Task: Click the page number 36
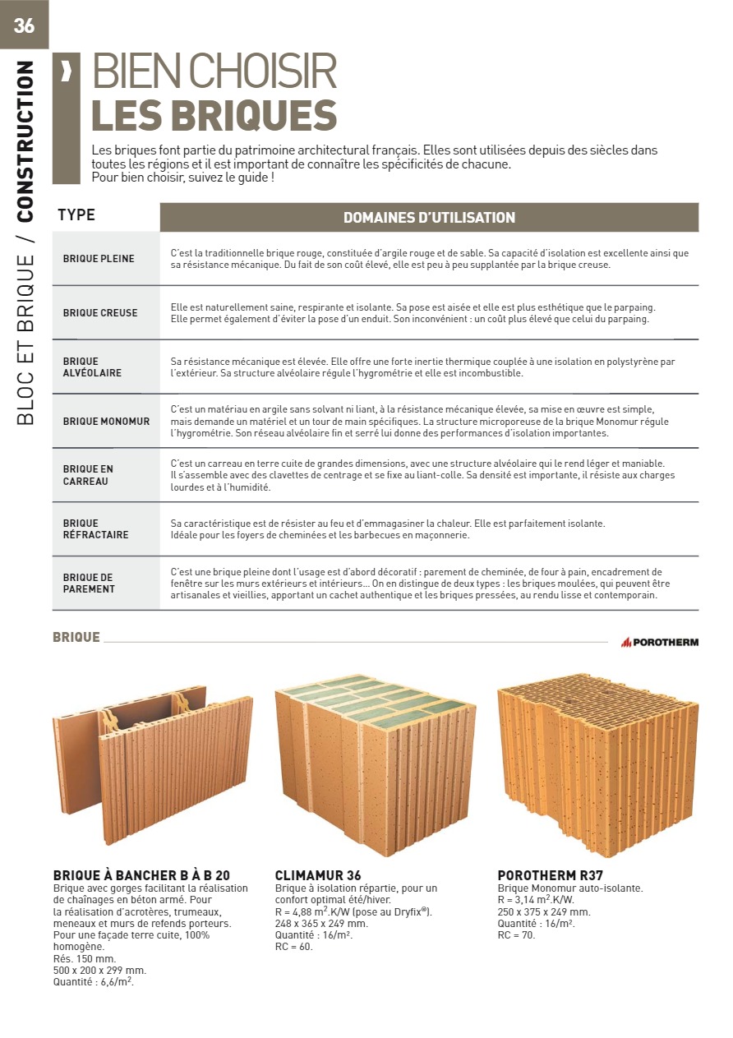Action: (x=24, y=25)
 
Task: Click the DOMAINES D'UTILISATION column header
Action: (x=429, y=218)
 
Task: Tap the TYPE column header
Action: (x=76, y=215)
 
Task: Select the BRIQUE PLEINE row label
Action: (x=99, y=259)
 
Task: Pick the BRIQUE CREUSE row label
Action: (x=100, y=313)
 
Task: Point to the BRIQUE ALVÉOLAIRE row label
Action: (x=92, y=367)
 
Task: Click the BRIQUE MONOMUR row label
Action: (x=106, y=422)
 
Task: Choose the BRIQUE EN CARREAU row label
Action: (x=88, y=475)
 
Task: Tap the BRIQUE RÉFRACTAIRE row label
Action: (x=95, y=529)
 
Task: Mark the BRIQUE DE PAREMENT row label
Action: (x=89, y=584)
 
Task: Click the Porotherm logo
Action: (x=659, y=642)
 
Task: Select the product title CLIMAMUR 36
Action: (x=318, y=875)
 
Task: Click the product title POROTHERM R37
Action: (x=550, y=875)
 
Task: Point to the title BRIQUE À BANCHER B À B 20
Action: (x=141, y=875)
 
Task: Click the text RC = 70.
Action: (x=516, y=935)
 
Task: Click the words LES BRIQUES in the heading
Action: (x=214, y=116)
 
